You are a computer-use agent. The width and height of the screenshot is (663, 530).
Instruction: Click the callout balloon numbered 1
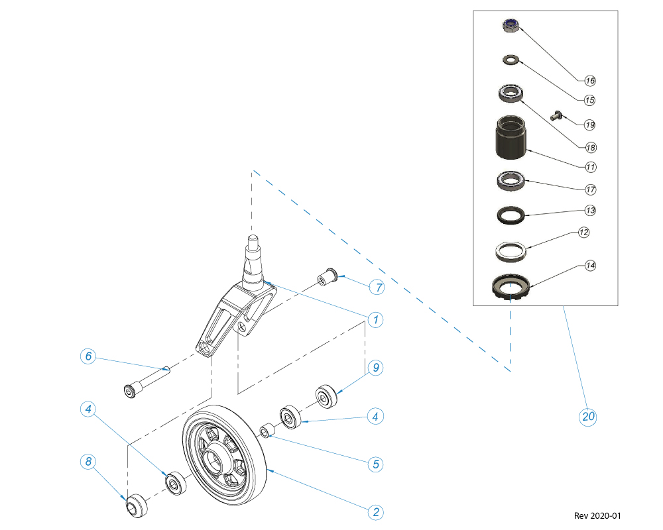375,320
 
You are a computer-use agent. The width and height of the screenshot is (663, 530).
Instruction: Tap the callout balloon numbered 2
376,512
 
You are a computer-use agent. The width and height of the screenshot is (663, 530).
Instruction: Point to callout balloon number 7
376,288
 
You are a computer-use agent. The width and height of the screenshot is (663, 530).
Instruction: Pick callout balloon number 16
590,81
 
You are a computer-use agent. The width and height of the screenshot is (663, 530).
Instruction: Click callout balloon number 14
590,266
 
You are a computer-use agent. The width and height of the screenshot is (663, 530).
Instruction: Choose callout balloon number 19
590,125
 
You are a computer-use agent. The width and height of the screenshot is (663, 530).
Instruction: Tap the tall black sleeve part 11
511,138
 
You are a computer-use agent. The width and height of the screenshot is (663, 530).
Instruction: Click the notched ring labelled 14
510,288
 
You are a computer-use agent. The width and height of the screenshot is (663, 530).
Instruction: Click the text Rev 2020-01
597,515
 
